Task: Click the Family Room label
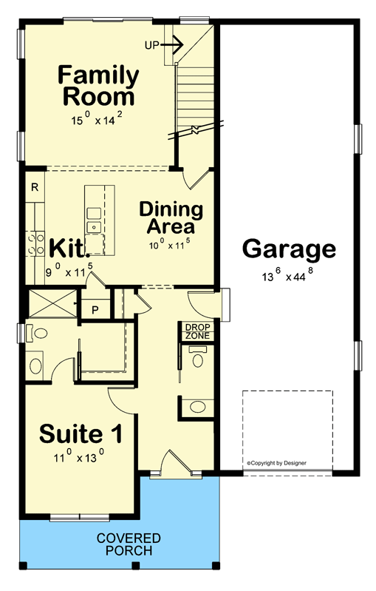[x=98, y=86]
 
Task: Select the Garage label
[x=289, y=249]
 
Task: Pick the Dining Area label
[x=167, y=217]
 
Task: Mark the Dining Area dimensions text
[x=168, y=243]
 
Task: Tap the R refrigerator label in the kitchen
[x=35, y=187]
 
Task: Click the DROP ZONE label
[x=197, y=331]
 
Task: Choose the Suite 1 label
[x=81, y=432]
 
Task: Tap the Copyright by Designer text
[x=277, y=464]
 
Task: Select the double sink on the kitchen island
[x=93, y=219]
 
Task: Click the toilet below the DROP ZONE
[x=196, y=360]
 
